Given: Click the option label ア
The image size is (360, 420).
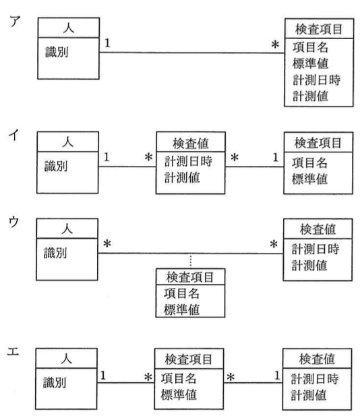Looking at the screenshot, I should click(x=11, y=19).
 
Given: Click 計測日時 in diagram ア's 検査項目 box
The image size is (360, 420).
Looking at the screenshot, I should click(x=316, y=80).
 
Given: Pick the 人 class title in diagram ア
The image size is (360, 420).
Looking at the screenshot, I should click(x=67, y=30).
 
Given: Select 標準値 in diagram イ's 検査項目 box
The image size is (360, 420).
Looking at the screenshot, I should click(x=311, y=179).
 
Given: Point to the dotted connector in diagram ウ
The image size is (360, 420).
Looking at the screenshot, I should click(x=190, y=260).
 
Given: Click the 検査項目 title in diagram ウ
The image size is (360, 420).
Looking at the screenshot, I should click(x=190, y=276).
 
